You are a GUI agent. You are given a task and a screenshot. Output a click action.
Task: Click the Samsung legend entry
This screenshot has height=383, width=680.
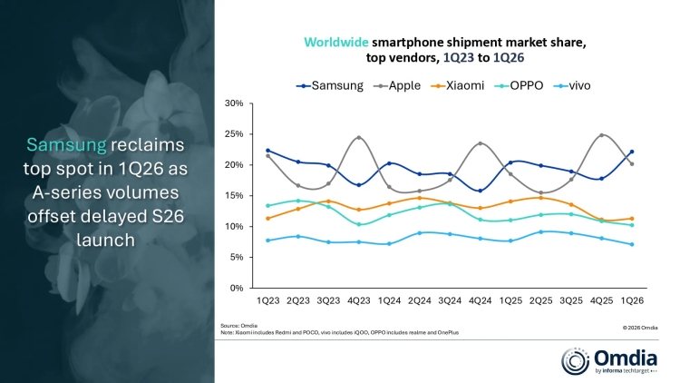click(x=331, y=85)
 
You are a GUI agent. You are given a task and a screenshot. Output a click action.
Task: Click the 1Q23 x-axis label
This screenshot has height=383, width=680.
click(x=267, y=300)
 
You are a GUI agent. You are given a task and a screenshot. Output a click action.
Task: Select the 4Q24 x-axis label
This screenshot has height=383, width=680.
click(x=480, y=300)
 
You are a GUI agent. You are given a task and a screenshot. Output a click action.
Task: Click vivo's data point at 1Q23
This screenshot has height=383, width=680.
click(x=267, y=241)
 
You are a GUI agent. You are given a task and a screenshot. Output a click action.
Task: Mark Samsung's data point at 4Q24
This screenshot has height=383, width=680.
click(x=480, y=191)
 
